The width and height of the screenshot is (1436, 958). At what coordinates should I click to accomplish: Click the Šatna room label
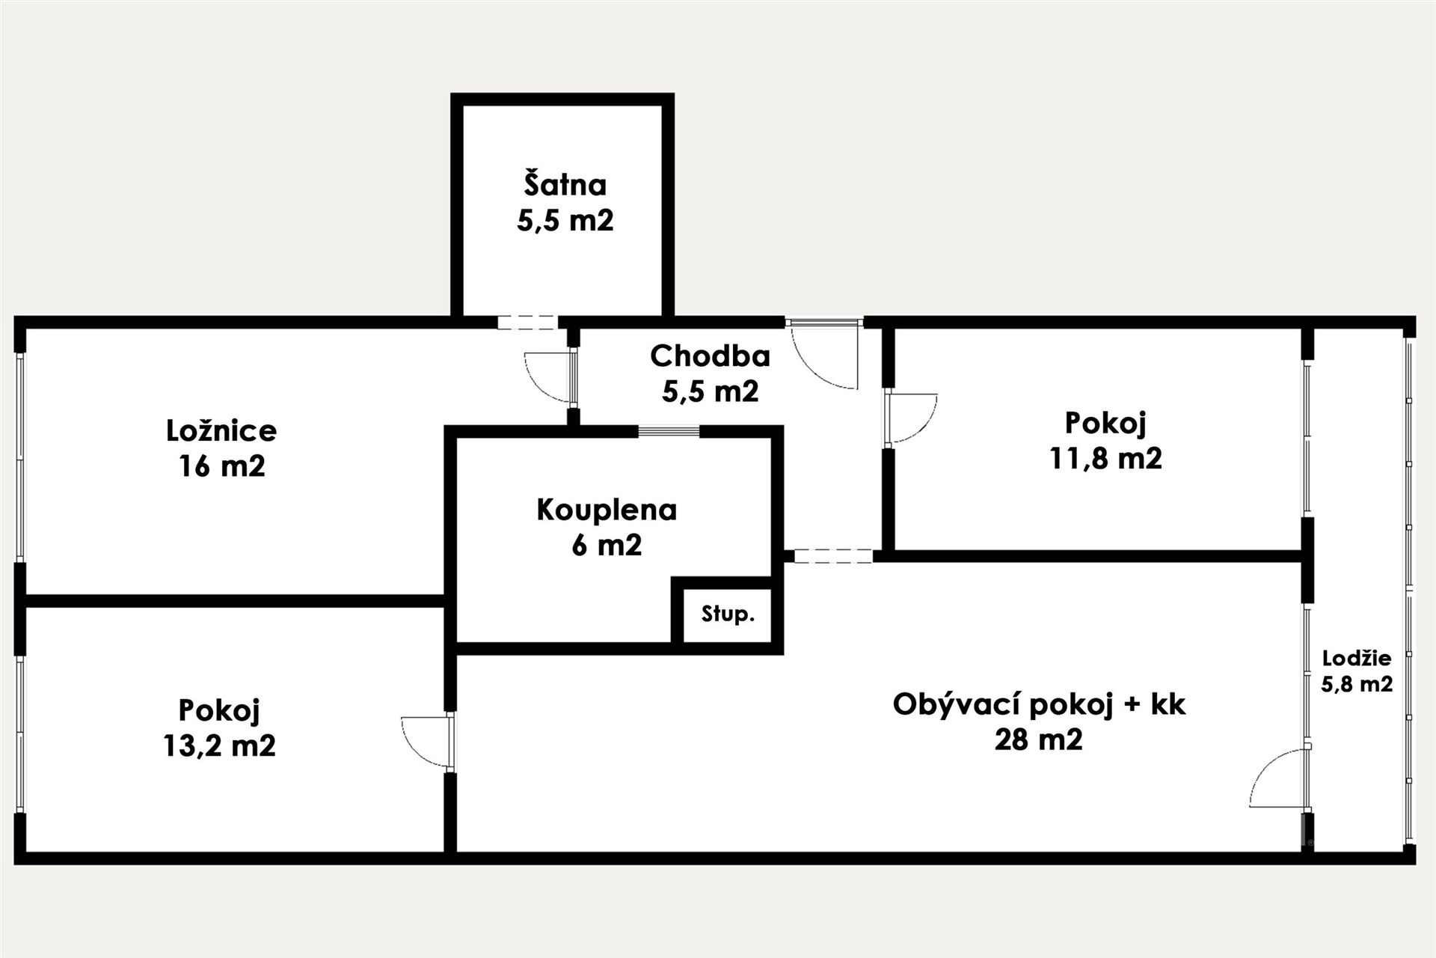[565, 185]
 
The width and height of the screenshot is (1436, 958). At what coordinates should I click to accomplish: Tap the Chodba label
[710, 356]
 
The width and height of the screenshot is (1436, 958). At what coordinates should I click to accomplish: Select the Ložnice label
[221, 430]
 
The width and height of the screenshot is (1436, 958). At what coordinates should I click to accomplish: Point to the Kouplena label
[607, 510]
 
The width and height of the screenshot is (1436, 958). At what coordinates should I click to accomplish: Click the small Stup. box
[727, 615]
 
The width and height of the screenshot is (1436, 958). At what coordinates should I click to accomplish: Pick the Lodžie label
[1357, 659]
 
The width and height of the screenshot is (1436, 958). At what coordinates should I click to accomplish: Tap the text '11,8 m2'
[1105, 458]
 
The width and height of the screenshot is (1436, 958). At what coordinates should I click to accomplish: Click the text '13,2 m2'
[219, 745]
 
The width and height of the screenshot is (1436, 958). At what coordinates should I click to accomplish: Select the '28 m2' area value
[1038, 739]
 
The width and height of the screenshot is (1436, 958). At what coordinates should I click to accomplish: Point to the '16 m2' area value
[221, 466]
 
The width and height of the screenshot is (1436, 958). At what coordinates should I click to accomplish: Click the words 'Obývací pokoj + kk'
[1039, 704]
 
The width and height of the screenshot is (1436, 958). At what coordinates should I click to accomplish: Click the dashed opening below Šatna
[528, 323]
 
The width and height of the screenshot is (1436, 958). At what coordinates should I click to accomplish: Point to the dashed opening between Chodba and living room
[833, 555]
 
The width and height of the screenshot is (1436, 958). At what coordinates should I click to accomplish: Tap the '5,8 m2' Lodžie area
[1357, 684]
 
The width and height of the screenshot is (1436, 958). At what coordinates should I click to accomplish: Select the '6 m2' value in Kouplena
[607, 545]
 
